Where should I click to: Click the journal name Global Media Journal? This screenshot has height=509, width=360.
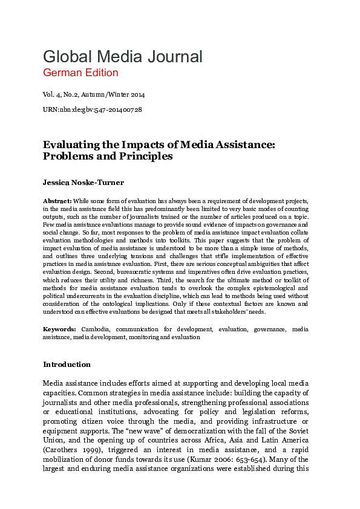click(x=122, y=57)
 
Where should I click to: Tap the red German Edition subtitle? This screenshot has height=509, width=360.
click(x=80, y=73)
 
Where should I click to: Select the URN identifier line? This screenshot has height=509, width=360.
click(x=93, y=109)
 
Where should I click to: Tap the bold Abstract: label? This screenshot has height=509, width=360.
click(x=57, y=200)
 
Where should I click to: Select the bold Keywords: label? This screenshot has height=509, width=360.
click(x=59, y=329)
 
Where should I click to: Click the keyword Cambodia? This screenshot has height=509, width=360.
click(x=96, y=329)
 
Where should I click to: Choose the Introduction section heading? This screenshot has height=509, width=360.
click(x=67, y=365)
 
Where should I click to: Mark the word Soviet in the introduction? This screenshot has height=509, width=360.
click(x=296, y=424)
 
